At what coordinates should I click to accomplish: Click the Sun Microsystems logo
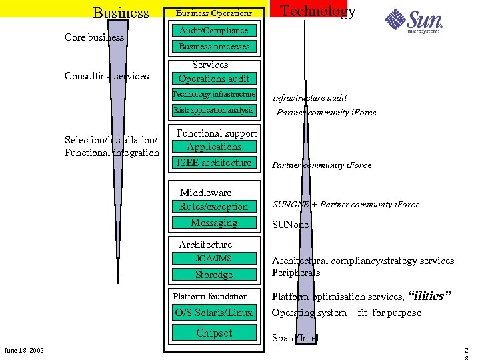tap(414, 21)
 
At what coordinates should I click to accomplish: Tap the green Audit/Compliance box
tap(214, 31)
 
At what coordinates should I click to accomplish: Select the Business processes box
tap(214, 47)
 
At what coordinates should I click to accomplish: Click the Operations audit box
tap(214, 79)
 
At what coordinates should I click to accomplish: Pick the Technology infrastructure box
tap(214, 95)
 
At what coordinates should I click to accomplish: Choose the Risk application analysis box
tap(214, 111)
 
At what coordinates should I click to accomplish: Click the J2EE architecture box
tap(214, 163)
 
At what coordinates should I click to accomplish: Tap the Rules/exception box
tap(214, 207)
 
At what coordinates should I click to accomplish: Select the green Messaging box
tap(214, 223)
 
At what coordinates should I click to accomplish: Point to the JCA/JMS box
tap(214, 259)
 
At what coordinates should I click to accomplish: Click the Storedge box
tap(214, 275)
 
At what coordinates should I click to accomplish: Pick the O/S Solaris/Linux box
tap(214, 313)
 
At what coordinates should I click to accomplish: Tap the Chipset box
tap(214, 333)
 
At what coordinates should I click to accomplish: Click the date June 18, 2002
tap(24, 351)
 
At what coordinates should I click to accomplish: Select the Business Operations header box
tap(214, 13)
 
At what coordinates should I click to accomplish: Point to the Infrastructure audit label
tap(309, 98)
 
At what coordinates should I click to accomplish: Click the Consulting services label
tap(107, 76)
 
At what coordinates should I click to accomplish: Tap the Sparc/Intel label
tap(295, 338)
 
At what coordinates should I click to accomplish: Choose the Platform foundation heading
tap(210, 297)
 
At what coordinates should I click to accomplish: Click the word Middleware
tap(205, 193)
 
